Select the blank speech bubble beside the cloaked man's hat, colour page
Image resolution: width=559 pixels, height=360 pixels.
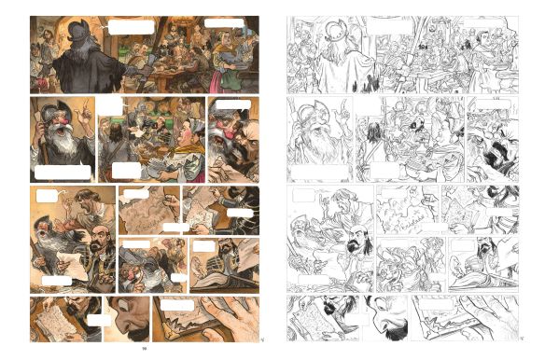pos(131,27)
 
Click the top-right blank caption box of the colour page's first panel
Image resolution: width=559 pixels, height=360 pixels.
pos(225,23)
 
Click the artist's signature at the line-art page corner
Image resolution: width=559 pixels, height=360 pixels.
pos(520,338)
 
